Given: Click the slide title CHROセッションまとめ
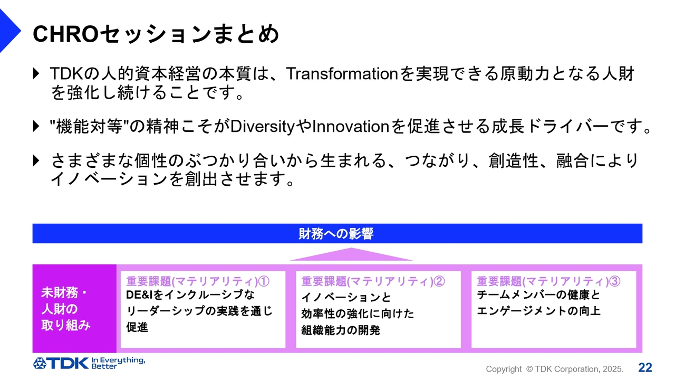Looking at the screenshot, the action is [156, 34].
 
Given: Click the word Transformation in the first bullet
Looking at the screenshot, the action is [342, 73].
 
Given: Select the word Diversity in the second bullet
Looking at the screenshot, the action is [262, 127].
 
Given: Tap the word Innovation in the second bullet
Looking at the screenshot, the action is [351, 126].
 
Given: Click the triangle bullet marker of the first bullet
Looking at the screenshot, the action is [36, 73].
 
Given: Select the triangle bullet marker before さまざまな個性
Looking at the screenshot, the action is [36, 161].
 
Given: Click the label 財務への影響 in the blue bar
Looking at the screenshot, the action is [336, 234].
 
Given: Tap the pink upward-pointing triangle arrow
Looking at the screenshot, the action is [351, 254].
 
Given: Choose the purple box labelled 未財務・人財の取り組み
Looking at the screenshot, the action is [74, 309].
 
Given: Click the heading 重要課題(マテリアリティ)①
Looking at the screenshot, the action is [198, 281].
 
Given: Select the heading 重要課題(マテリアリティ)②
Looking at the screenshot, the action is [373, 281].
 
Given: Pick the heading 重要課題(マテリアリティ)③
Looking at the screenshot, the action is [548, 281].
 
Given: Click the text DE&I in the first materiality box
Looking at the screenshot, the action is [140, 295].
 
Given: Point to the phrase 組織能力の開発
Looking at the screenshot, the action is [341, 330].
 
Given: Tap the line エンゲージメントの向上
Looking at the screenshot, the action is [538, 311].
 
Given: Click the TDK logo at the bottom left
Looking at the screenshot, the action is [61, 364].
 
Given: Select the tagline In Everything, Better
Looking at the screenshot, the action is [118, 363].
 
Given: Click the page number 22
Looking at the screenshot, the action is [645, 368].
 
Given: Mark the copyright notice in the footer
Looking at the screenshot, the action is [554, 369].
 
